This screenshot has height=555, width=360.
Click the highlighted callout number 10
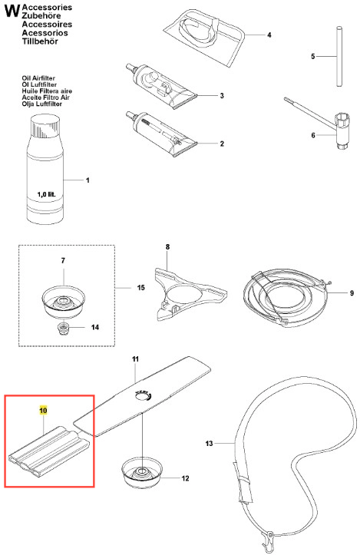[43, 411]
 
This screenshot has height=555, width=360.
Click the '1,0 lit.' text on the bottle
[46, 194]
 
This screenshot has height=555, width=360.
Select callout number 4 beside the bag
[269, 35]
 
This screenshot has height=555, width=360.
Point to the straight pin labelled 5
[339, 56]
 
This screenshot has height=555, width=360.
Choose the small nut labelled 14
[64, 328]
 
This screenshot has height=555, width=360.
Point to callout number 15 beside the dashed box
[141, 287]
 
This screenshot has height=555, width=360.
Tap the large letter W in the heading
[12, 11]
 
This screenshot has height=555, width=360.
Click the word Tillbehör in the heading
[40, 41]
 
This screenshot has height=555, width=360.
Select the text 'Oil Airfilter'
[38, 78]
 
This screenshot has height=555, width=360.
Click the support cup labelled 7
[64, 302]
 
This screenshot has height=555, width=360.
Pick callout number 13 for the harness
[210, 443]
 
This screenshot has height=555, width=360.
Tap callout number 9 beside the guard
[352, 293]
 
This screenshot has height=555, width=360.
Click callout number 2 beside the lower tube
[222, 144]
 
